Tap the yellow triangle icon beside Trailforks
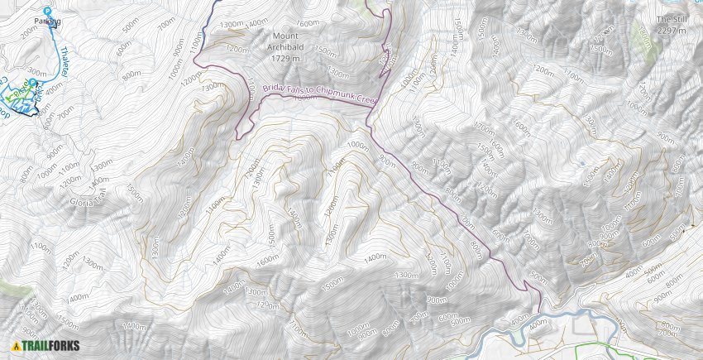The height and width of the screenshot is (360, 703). (x=16, y=346)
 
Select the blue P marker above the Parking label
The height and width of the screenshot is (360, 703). (x=46, y=10)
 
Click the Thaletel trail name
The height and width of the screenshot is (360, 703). (x=64, y=60)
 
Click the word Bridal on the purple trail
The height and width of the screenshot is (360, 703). (x=275, y=88)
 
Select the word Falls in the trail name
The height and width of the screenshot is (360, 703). (x=298, y=91)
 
